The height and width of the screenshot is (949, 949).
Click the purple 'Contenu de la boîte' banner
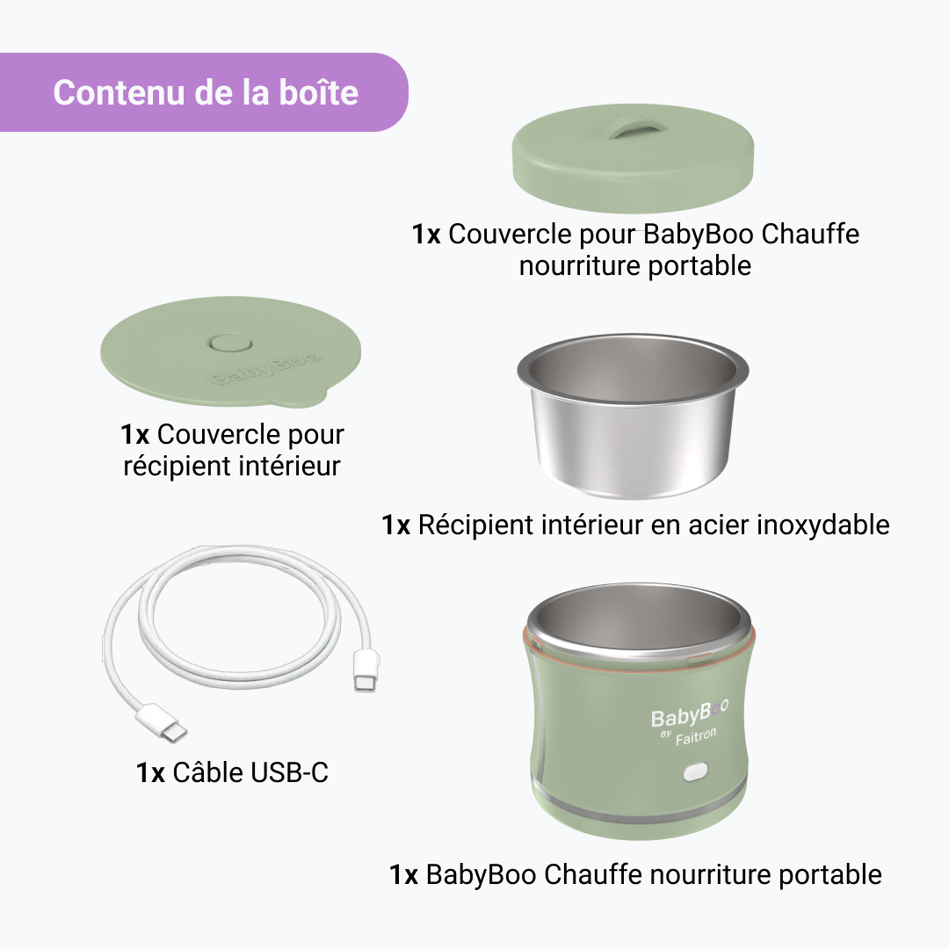(x=203, y=92)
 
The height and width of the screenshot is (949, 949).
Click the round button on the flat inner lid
(x=230, y=344)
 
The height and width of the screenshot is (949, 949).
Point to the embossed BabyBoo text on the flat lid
(x=265, y=369)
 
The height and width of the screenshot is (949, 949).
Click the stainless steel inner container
(x=633, y=417)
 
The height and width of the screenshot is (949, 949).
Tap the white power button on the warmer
(x=695, y=772)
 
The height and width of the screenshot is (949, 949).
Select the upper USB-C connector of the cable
(x=366, y=670)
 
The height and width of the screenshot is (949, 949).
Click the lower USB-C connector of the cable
(x=162, y=722)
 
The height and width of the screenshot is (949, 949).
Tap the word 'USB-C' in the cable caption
(x=290, y=772)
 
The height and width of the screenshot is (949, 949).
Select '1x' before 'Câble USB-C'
(x=151, y=773)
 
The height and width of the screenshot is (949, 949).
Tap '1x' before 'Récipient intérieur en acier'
(x=396, y=525)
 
